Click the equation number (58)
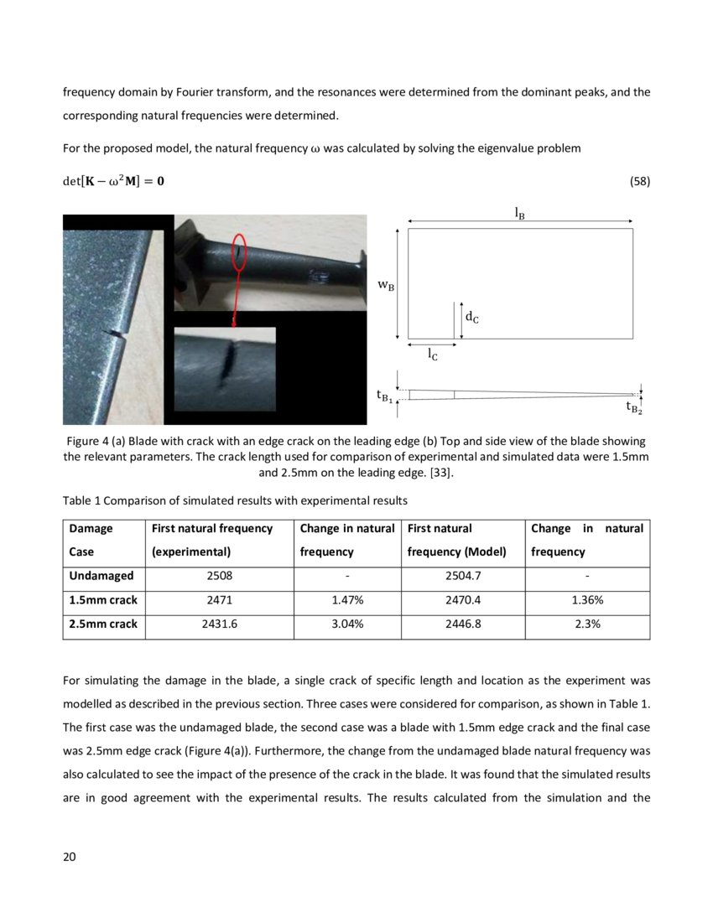639,181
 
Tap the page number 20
70,857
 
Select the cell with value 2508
219,576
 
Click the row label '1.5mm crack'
103,600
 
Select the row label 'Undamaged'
101,576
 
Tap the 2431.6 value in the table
219,624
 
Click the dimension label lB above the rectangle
520,213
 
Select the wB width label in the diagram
386,285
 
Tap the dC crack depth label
472,317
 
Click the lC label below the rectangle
431,355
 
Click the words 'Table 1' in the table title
82,501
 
